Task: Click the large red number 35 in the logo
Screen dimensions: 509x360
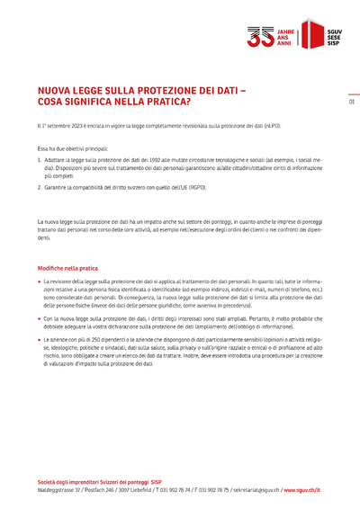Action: (261, 35)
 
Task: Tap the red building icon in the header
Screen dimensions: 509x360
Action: (311, 35)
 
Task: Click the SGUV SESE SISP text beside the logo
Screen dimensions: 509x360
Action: (334, 35)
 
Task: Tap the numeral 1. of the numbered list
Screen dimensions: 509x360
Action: (40, 157)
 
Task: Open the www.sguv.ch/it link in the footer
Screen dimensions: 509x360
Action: (301, 490)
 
